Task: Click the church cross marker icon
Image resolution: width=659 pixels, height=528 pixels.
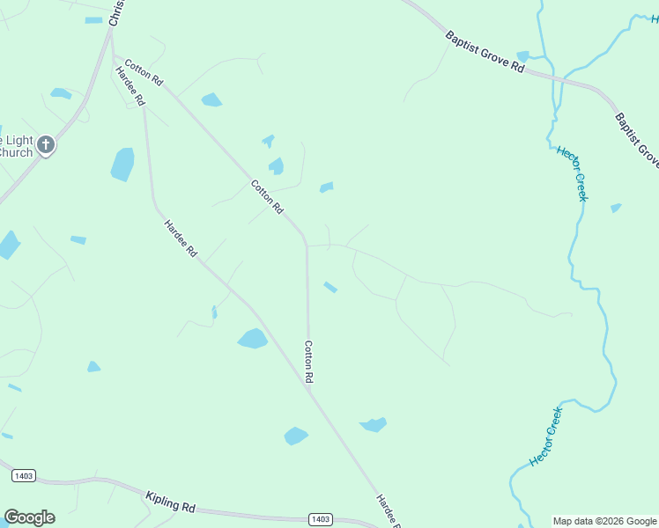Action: pyautogui.click(x=46, y=145)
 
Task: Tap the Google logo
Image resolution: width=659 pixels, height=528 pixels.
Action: pyautogui.click(x=29, y=517)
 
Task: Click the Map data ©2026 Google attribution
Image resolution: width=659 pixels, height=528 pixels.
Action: pyautogui.click(x=604, y=521)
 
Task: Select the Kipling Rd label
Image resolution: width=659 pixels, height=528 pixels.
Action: pyautogui.click(x=170, y=503)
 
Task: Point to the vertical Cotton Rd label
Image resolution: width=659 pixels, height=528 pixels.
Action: pyautogui.click(x=309, y=361)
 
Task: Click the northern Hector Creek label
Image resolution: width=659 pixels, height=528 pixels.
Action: pyautogui.click(x=572, y=173)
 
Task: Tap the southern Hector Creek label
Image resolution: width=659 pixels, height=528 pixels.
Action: pyautogui.click(x=545, y=436)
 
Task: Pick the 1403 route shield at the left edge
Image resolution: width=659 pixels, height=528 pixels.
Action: pyautogui.click(x=24, y=475)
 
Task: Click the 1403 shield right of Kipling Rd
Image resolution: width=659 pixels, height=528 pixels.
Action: pyautogui.click(x=321, y=519)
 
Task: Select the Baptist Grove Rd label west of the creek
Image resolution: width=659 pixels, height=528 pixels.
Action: pyautogui.click(x=485, y=53)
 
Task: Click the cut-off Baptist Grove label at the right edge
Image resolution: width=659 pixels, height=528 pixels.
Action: pyautogui.click(x=637, y=139)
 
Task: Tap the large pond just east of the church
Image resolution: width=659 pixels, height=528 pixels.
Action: pyautogui.click(x=122, y=165)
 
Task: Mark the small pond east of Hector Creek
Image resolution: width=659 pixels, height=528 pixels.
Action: pyautogui.click(x=616, y=208)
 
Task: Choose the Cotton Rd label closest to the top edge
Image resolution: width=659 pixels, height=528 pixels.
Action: pyautogui.click(x=144, y=72)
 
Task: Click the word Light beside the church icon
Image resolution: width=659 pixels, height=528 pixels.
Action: pyautogui.click(x=16, y=140)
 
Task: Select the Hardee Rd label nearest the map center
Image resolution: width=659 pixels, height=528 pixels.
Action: pyautogui.click(x=180, y=238)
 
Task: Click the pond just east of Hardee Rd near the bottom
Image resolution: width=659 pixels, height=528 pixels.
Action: pyautogui.click(x=296, y=436)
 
